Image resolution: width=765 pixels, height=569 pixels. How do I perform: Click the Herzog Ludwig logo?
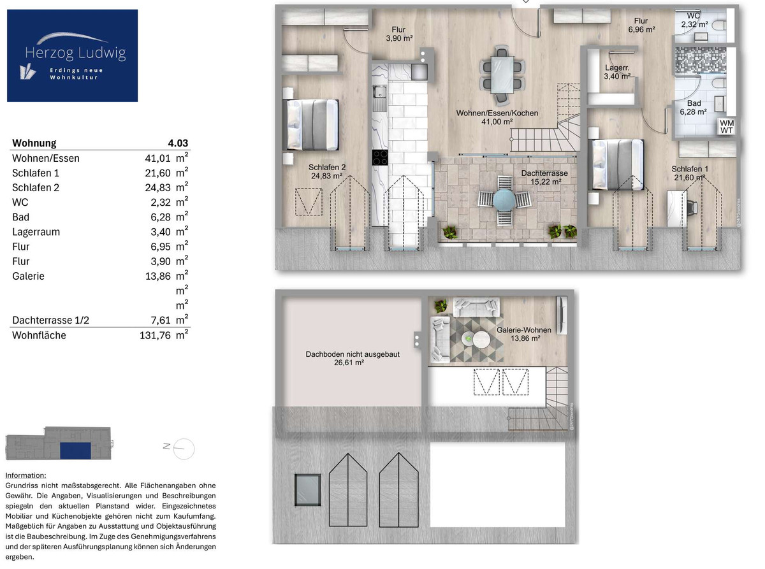(x=73, y=55)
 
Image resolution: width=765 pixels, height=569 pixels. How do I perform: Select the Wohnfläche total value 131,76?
(x=155, y=336)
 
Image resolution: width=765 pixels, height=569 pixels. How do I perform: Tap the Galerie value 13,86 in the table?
(x=158, y=277)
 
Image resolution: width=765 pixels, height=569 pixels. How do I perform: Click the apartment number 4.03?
(x=178, y=143)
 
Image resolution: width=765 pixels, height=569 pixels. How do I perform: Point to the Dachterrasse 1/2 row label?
(x=51, y=321)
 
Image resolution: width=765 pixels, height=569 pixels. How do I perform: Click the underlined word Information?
(x=25, y=475)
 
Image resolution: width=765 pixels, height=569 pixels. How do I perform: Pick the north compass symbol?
(x=179, y=449)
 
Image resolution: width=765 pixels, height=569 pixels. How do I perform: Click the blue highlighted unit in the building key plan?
(x=75, y=450)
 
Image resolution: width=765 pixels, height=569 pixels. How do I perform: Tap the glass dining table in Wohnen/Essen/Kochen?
(x=502, y=75)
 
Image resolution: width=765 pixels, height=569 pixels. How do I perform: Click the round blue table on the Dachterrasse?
(x=504, y=199)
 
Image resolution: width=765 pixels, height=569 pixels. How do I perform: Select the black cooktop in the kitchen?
(x=380, y=157)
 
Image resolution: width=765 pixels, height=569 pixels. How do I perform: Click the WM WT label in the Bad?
(x=727, y=127)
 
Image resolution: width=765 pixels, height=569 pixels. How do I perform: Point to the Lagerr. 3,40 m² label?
(x=617, y=72)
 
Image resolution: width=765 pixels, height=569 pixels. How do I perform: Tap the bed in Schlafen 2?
(x=310, y=125)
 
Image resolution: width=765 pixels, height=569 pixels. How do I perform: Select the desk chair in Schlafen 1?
(x=692, y=208)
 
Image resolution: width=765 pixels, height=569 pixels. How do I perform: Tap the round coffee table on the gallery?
(x=481, y=340)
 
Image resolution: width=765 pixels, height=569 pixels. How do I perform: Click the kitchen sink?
(x=380, y=92)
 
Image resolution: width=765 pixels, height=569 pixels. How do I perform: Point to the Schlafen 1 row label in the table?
(x=36, y=173)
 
